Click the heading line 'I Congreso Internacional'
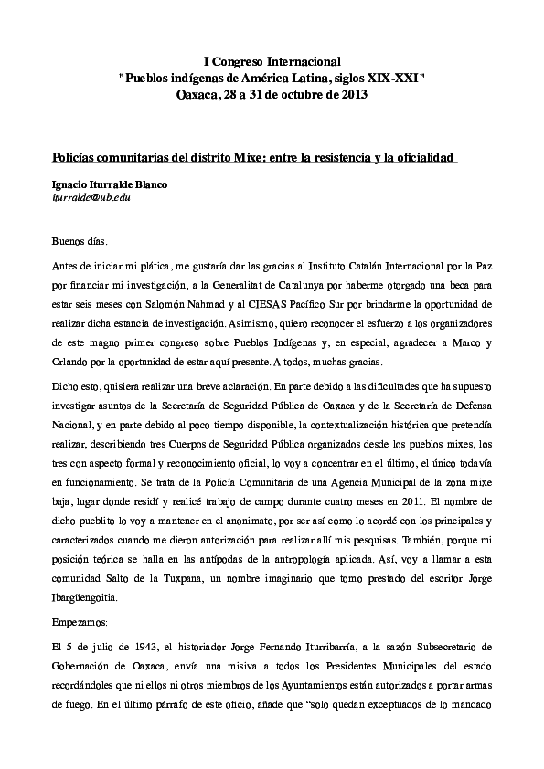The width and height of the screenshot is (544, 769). tap(272, 60)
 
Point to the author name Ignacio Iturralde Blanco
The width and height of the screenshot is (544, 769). tap(111, 184)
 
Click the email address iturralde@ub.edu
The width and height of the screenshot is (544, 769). tap(91, 196)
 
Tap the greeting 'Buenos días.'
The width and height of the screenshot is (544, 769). tap(80, 242)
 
